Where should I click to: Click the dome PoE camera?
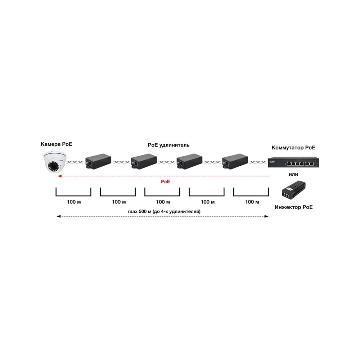pos(55,162)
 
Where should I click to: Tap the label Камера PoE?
pos(57,144)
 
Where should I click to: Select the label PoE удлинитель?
pos(168,145)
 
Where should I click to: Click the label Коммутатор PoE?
pos(293,148)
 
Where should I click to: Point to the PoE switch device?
pos(293,162)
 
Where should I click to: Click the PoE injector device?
pos(294,190)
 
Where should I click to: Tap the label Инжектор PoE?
pos(294,207)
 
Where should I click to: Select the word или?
pos(293,175)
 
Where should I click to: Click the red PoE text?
pos(165,181)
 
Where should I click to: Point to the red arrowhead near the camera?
pos(59,176)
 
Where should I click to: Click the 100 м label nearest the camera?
pos(74,202)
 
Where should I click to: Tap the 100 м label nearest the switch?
pos(252,202)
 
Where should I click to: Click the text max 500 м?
pos(140,211)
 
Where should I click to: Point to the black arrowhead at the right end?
pos(266,216)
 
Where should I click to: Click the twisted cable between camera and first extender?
pos(75,162)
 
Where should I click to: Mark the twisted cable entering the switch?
pos(258,162)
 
